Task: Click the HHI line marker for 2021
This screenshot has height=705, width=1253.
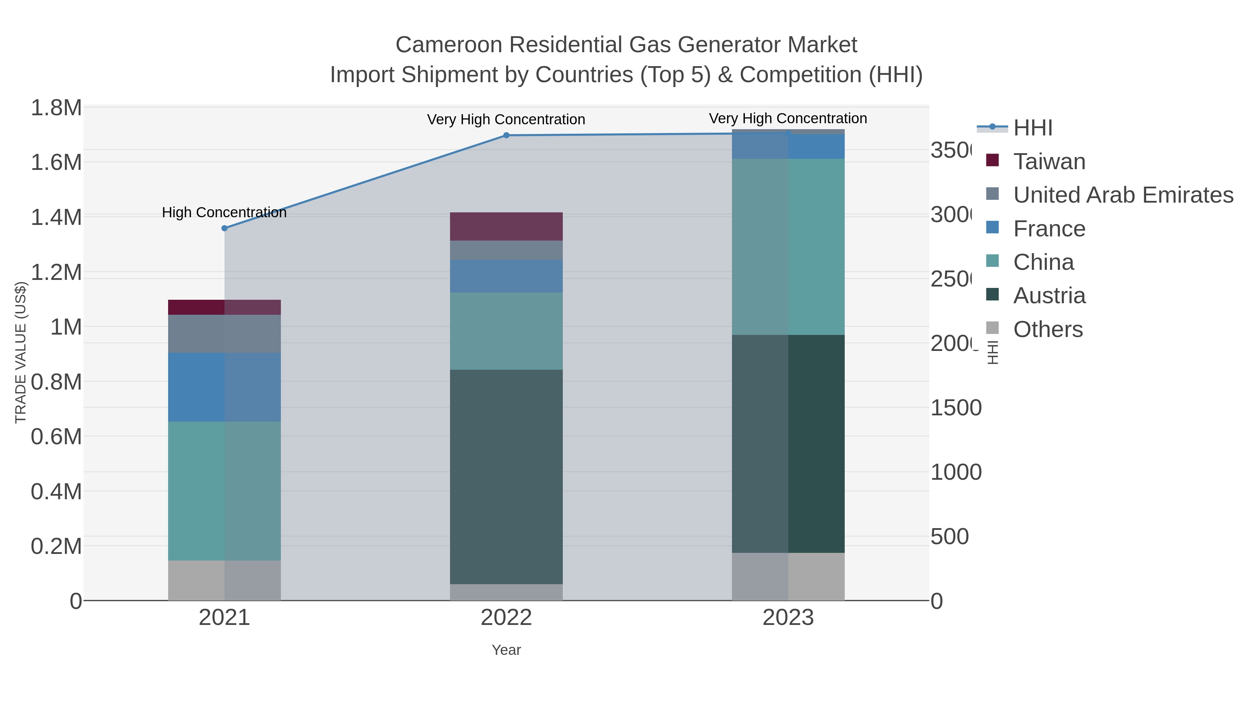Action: (x=224, y=228)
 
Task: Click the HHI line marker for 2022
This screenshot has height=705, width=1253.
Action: (x=506, y=135)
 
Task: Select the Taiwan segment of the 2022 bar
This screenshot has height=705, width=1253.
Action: (x=506, y=226)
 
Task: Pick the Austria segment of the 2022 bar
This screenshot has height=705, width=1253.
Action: (x=506, y=477)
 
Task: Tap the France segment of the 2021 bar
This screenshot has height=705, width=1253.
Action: (x=224, y=387)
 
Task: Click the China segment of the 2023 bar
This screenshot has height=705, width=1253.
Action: (x=788, y=247)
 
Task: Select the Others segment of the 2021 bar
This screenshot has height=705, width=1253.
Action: (x=224, y=580)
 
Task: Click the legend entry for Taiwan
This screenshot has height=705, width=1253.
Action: (x=1049, y=162)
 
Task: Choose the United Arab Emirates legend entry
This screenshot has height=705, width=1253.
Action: (x=1122, y=195)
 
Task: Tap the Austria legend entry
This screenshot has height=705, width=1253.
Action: (x=1049, y=296)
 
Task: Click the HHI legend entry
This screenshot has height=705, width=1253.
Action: (x=1032, y=128)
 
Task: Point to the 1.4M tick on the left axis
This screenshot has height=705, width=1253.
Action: (x=56, y=217)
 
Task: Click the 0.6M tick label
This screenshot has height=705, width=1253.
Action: (x=56, y=437)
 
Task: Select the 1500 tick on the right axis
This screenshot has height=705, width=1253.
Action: (x=955, y=408)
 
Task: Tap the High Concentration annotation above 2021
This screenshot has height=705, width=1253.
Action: (x=224, y=213)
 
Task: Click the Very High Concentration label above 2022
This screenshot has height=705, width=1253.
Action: (x=506, y=120)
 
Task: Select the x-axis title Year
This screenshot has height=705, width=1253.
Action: (x=506, y=650)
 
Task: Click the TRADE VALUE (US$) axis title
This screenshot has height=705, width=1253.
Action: (x=21, y=352)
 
